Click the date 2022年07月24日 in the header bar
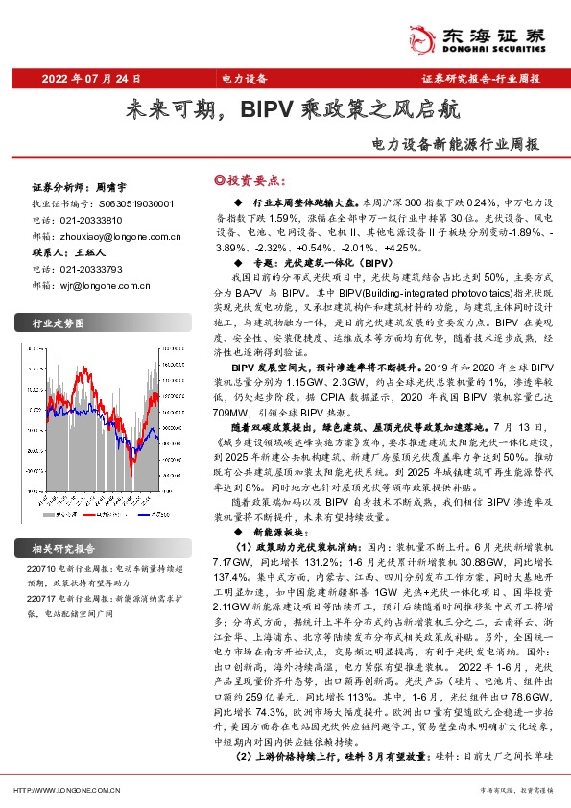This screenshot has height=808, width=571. click(93, 78)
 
